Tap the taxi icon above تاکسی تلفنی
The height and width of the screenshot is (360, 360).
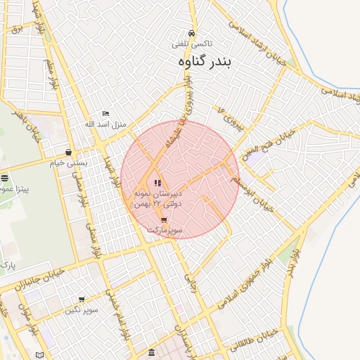pyautogui.click(x=191, y=33)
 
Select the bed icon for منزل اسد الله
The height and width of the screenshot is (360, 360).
pyautogui.click(x=105, y=113)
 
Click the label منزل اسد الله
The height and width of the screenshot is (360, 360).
pyautogui.click(x=105, y=124)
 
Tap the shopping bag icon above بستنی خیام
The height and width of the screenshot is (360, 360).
pyautogui.click(x=68, y=152)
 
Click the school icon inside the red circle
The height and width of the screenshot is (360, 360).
pyautogui.click(x=157, y=183)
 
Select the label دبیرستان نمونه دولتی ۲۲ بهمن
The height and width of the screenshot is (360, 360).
pyautogui.click(x=157, y=198)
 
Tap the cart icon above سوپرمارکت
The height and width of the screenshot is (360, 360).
pyautogui.click(x=164, y=219)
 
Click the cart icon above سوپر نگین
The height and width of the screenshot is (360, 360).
pyautogui.click(x=82, y=300)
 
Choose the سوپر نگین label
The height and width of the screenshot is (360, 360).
pyautogui.click(x=82, y=310)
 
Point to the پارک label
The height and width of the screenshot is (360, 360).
pyautogui.click(x=8, y=266)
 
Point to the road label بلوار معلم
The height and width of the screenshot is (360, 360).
pyautogui.click(x=51, y=74)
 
